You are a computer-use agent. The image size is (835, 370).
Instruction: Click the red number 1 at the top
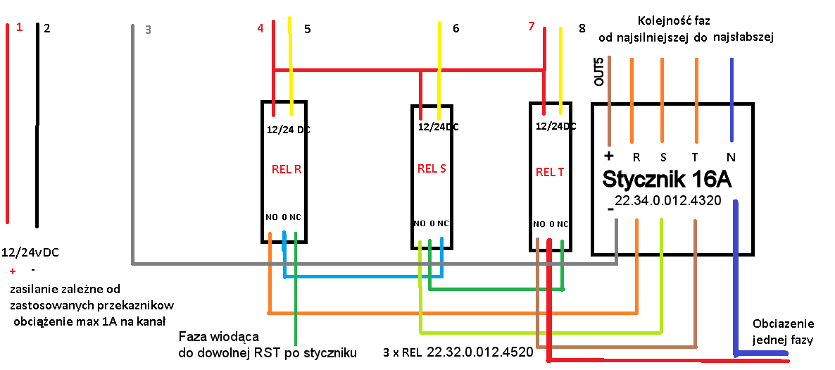click(x=19, y=27)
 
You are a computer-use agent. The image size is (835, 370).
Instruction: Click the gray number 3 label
click(x=147, y=30)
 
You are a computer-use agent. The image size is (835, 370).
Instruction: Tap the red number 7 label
click(x=532, y=27)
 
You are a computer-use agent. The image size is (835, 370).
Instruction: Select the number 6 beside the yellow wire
click(x=456, y=28)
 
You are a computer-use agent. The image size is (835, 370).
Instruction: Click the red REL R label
click(x=287, y=169)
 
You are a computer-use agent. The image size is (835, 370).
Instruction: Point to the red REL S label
click(x=432, y=168)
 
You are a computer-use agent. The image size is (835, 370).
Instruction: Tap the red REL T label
click(x=549, y=171)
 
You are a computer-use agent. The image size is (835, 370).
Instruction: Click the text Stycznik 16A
click(x=666, y=179)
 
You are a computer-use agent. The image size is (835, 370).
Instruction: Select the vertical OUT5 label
click(x=599, y=71)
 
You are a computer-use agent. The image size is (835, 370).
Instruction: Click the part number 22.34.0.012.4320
click(x=667, y=201)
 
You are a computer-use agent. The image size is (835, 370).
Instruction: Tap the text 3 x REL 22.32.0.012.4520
click(x=458, y=351)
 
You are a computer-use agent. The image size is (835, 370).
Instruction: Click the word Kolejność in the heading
click(x=664, y=20)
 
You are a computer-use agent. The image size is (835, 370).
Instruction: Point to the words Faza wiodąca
click(x=220, y=336)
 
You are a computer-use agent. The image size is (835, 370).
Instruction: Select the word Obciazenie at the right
click(x=783, y=324)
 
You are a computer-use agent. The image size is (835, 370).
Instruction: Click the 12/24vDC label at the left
click(x=30, y=252)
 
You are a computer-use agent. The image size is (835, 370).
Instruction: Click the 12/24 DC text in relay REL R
click(x=289, y=130)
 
